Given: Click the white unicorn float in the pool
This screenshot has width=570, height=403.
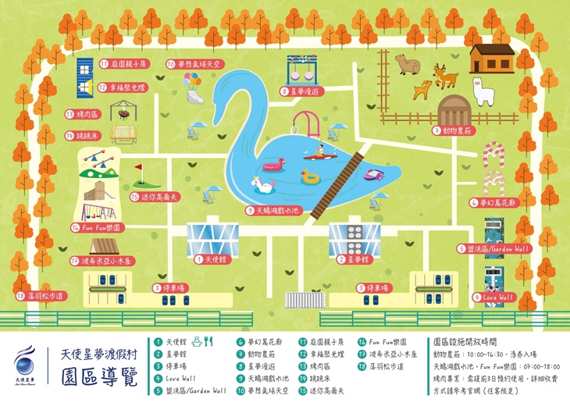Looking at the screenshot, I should (x=263, y=185).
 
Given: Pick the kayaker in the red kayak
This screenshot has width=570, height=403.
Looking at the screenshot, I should (x=319, y=152).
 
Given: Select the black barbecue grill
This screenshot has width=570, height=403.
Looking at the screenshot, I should (x=122, y=114).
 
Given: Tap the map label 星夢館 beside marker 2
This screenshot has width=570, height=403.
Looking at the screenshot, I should (x=354, y=259).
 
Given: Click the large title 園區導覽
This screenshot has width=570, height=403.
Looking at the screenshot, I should (x=98, y=378).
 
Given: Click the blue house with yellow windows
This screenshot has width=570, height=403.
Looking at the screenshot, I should (x=85, y=77).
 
